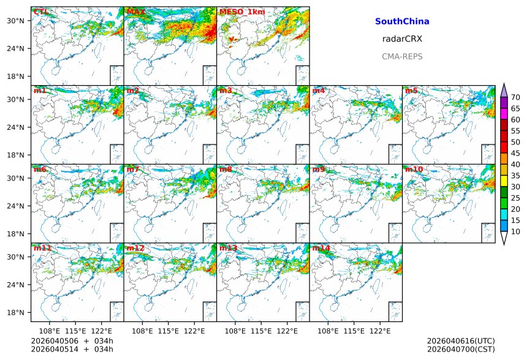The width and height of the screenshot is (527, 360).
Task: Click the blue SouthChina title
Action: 402,21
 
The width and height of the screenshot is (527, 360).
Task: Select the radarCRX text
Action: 402,39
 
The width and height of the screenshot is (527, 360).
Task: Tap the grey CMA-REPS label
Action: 402,56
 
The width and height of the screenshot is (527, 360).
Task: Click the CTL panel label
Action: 40,12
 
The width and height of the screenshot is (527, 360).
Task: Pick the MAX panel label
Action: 136,12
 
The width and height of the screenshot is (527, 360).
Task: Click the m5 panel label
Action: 411,91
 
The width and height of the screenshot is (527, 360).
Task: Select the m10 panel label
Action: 414,169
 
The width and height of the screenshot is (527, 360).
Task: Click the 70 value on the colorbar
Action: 515,97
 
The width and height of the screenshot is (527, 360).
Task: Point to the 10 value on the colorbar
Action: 515,231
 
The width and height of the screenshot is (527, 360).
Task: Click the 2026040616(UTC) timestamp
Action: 461,341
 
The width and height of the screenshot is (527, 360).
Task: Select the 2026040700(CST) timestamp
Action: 461,349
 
